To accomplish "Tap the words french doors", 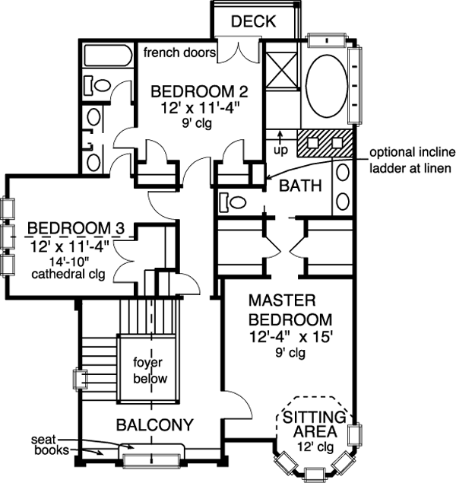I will tap(179, 52).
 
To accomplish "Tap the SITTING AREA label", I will tap(313, 424).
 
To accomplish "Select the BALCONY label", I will tap(154, 424).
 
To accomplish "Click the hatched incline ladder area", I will tap(325, 143).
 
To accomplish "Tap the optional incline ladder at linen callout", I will tap(411, 158).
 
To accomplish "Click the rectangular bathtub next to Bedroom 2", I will tap(106, 56).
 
